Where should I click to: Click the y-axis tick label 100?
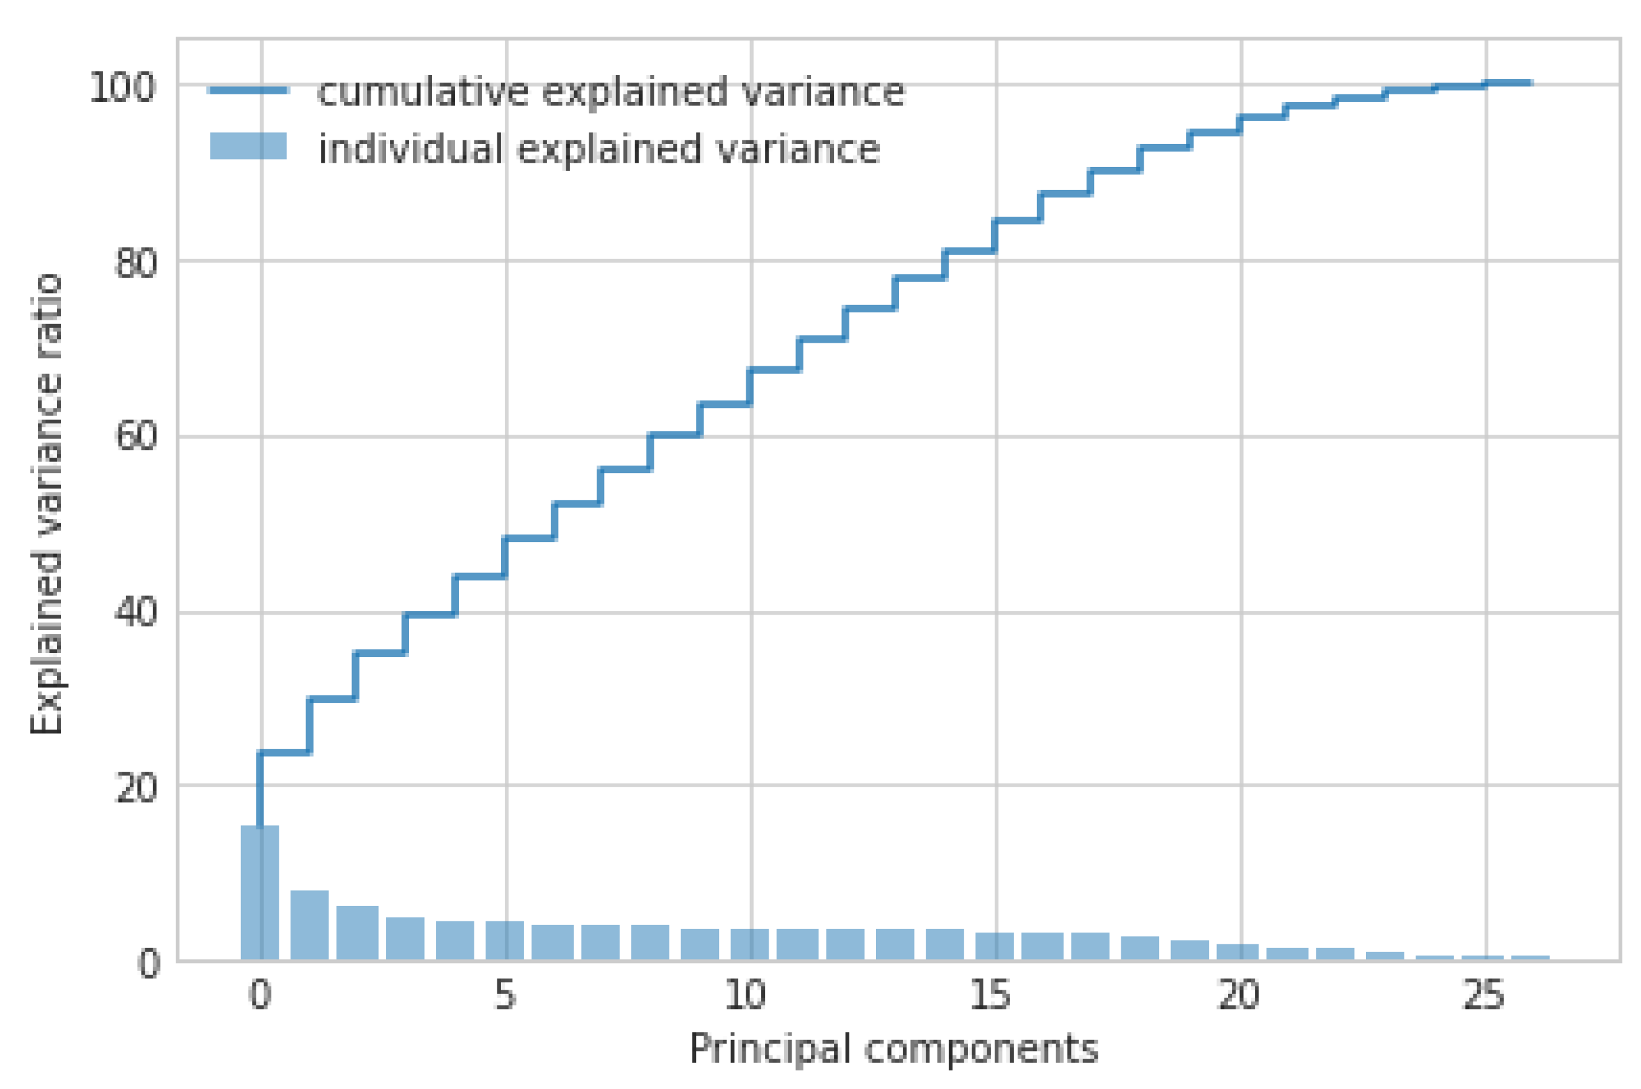pyautogui.click(x=122, y=88)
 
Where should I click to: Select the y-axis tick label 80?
pyautogui.click(x=135, y=263)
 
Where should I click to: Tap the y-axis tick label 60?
pyautogui.click(x=135, y=438)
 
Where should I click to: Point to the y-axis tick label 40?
pyautogui.click(x=135, y=613)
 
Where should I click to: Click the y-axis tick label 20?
pyautogui.click(x=135, y=789)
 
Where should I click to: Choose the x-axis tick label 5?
pyautogui.click(x=505, y=996)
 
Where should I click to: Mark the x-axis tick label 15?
pyautogui.click(x=990, y=996)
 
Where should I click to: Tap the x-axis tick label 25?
pyautogui.click(x=1483, y=996)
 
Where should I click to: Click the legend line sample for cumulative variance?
pyautogui.click(x=248, y=90)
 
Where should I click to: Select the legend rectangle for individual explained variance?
pyautogui.click(x=248, y=146)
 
